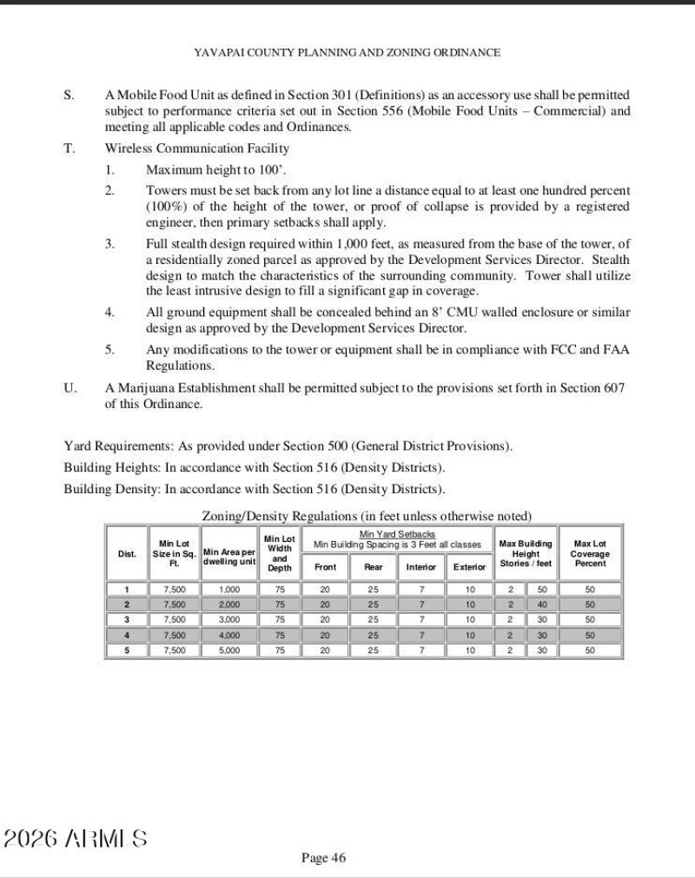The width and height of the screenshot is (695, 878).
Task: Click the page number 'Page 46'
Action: (x=323, y=858)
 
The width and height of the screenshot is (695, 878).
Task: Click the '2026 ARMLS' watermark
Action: (x=76, y=838)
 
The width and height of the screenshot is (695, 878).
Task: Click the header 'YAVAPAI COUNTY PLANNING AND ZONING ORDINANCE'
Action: (x=347, y=52)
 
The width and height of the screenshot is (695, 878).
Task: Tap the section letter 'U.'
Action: (x=70, y=387)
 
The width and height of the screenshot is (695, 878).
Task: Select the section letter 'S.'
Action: (x=69, y=94)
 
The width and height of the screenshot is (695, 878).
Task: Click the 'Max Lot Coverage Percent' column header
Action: (x=590, y=554)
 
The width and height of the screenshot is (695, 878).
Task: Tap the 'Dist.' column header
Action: (x=127, y=554)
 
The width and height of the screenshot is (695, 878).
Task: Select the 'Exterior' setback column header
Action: (x=469, y=566)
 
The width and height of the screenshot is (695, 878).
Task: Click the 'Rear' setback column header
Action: (x=374, y=566)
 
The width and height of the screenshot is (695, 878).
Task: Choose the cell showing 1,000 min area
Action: (x=228, y=589)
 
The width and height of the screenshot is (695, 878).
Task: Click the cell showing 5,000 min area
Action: (x=228, y=649)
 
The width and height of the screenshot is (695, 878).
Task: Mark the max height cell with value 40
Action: (x=541, y=604)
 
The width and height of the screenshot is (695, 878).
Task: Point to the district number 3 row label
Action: (x=127, y=619)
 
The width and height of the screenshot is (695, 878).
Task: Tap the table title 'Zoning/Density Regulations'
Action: (x=273, y=516)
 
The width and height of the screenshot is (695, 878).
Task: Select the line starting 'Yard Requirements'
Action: (x=288, y=446)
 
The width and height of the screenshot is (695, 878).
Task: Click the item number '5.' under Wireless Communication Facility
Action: (x=110, y=349)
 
